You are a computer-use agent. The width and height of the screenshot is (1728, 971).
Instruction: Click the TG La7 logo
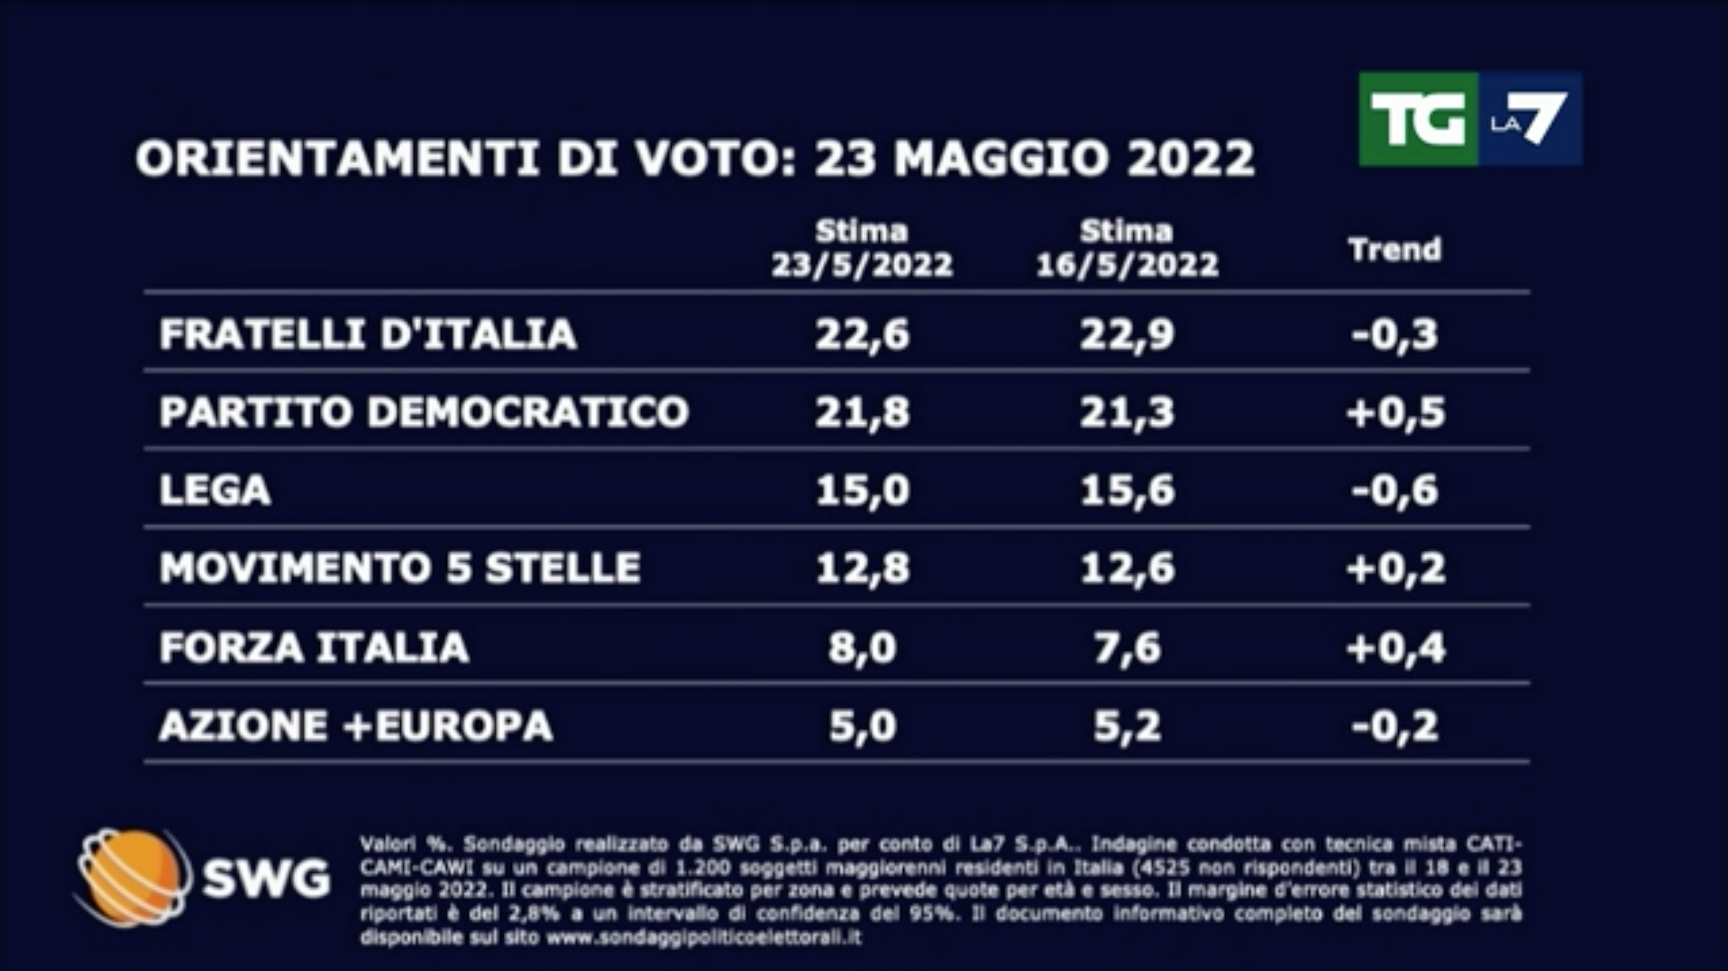tap(1469, 119)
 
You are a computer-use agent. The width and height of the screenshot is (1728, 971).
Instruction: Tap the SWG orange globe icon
tap(133, 877)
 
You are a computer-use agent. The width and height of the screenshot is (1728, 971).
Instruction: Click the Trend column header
tap(1394, 250)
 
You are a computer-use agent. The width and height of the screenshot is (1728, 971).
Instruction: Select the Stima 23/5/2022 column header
tap(862, 249)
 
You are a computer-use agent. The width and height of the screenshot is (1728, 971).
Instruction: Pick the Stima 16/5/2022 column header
tap(1127, 249)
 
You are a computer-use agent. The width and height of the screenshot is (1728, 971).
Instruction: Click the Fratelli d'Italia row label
tap(368, 334)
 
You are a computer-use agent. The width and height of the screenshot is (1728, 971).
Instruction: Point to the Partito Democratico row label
tap(424, 412)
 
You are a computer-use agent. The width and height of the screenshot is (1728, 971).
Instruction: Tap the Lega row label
tap(215, 490)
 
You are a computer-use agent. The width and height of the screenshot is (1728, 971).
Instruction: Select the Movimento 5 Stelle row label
tap(399, 568)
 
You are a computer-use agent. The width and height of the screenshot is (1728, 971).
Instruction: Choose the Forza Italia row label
tap(314, 647)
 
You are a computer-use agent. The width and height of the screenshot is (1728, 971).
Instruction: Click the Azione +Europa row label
tap(355, 726)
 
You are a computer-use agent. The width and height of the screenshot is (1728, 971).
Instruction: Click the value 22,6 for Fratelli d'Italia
tap(862, 334)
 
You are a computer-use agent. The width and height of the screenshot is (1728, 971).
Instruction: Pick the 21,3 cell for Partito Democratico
tap(1127, 412)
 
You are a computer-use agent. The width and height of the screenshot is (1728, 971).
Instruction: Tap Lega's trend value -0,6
tap(1394, 490)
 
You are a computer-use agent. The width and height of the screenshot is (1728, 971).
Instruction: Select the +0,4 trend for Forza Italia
tap(1394, 647)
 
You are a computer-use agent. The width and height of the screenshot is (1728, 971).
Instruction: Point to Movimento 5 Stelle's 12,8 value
tap(862, 568)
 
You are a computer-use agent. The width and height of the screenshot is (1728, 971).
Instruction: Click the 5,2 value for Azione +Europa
tap(1127, 726)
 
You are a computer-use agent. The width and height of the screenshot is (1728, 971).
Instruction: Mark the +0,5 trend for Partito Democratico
tap(1394, 412)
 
